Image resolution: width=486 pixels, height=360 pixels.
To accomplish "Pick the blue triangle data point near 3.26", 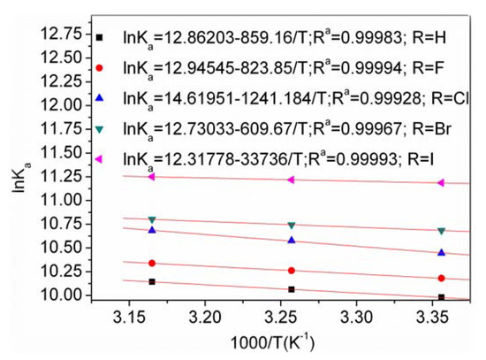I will click(x=292, y=240).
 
